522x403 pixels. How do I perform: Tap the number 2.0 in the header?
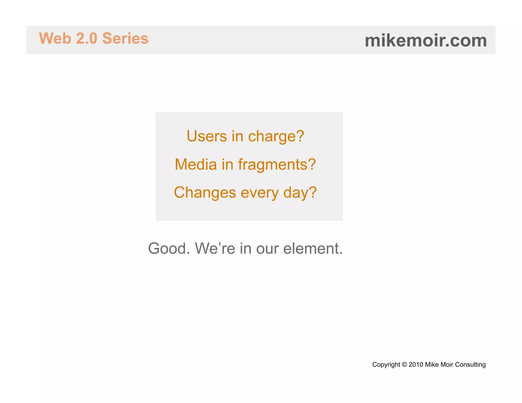tap(87, 38)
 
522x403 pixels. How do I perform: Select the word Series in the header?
tap(125, 38)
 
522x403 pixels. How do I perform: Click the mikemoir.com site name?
tap(426, 41)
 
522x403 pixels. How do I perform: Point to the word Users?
tap(207, 136)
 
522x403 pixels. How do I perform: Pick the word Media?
tap(195, 164)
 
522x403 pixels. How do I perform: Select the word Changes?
tap(205, 193)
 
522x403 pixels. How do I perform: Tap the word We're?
tap(215, 248)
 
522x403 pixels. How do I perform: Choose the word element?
tap(313, 248)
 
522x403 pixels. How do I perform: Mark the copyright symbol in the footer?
tap(404, 365)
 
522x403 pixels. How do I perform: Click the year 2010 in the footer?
tap(416, 365)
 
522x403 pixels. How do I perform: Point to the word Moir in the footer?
tap(447, 365)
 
